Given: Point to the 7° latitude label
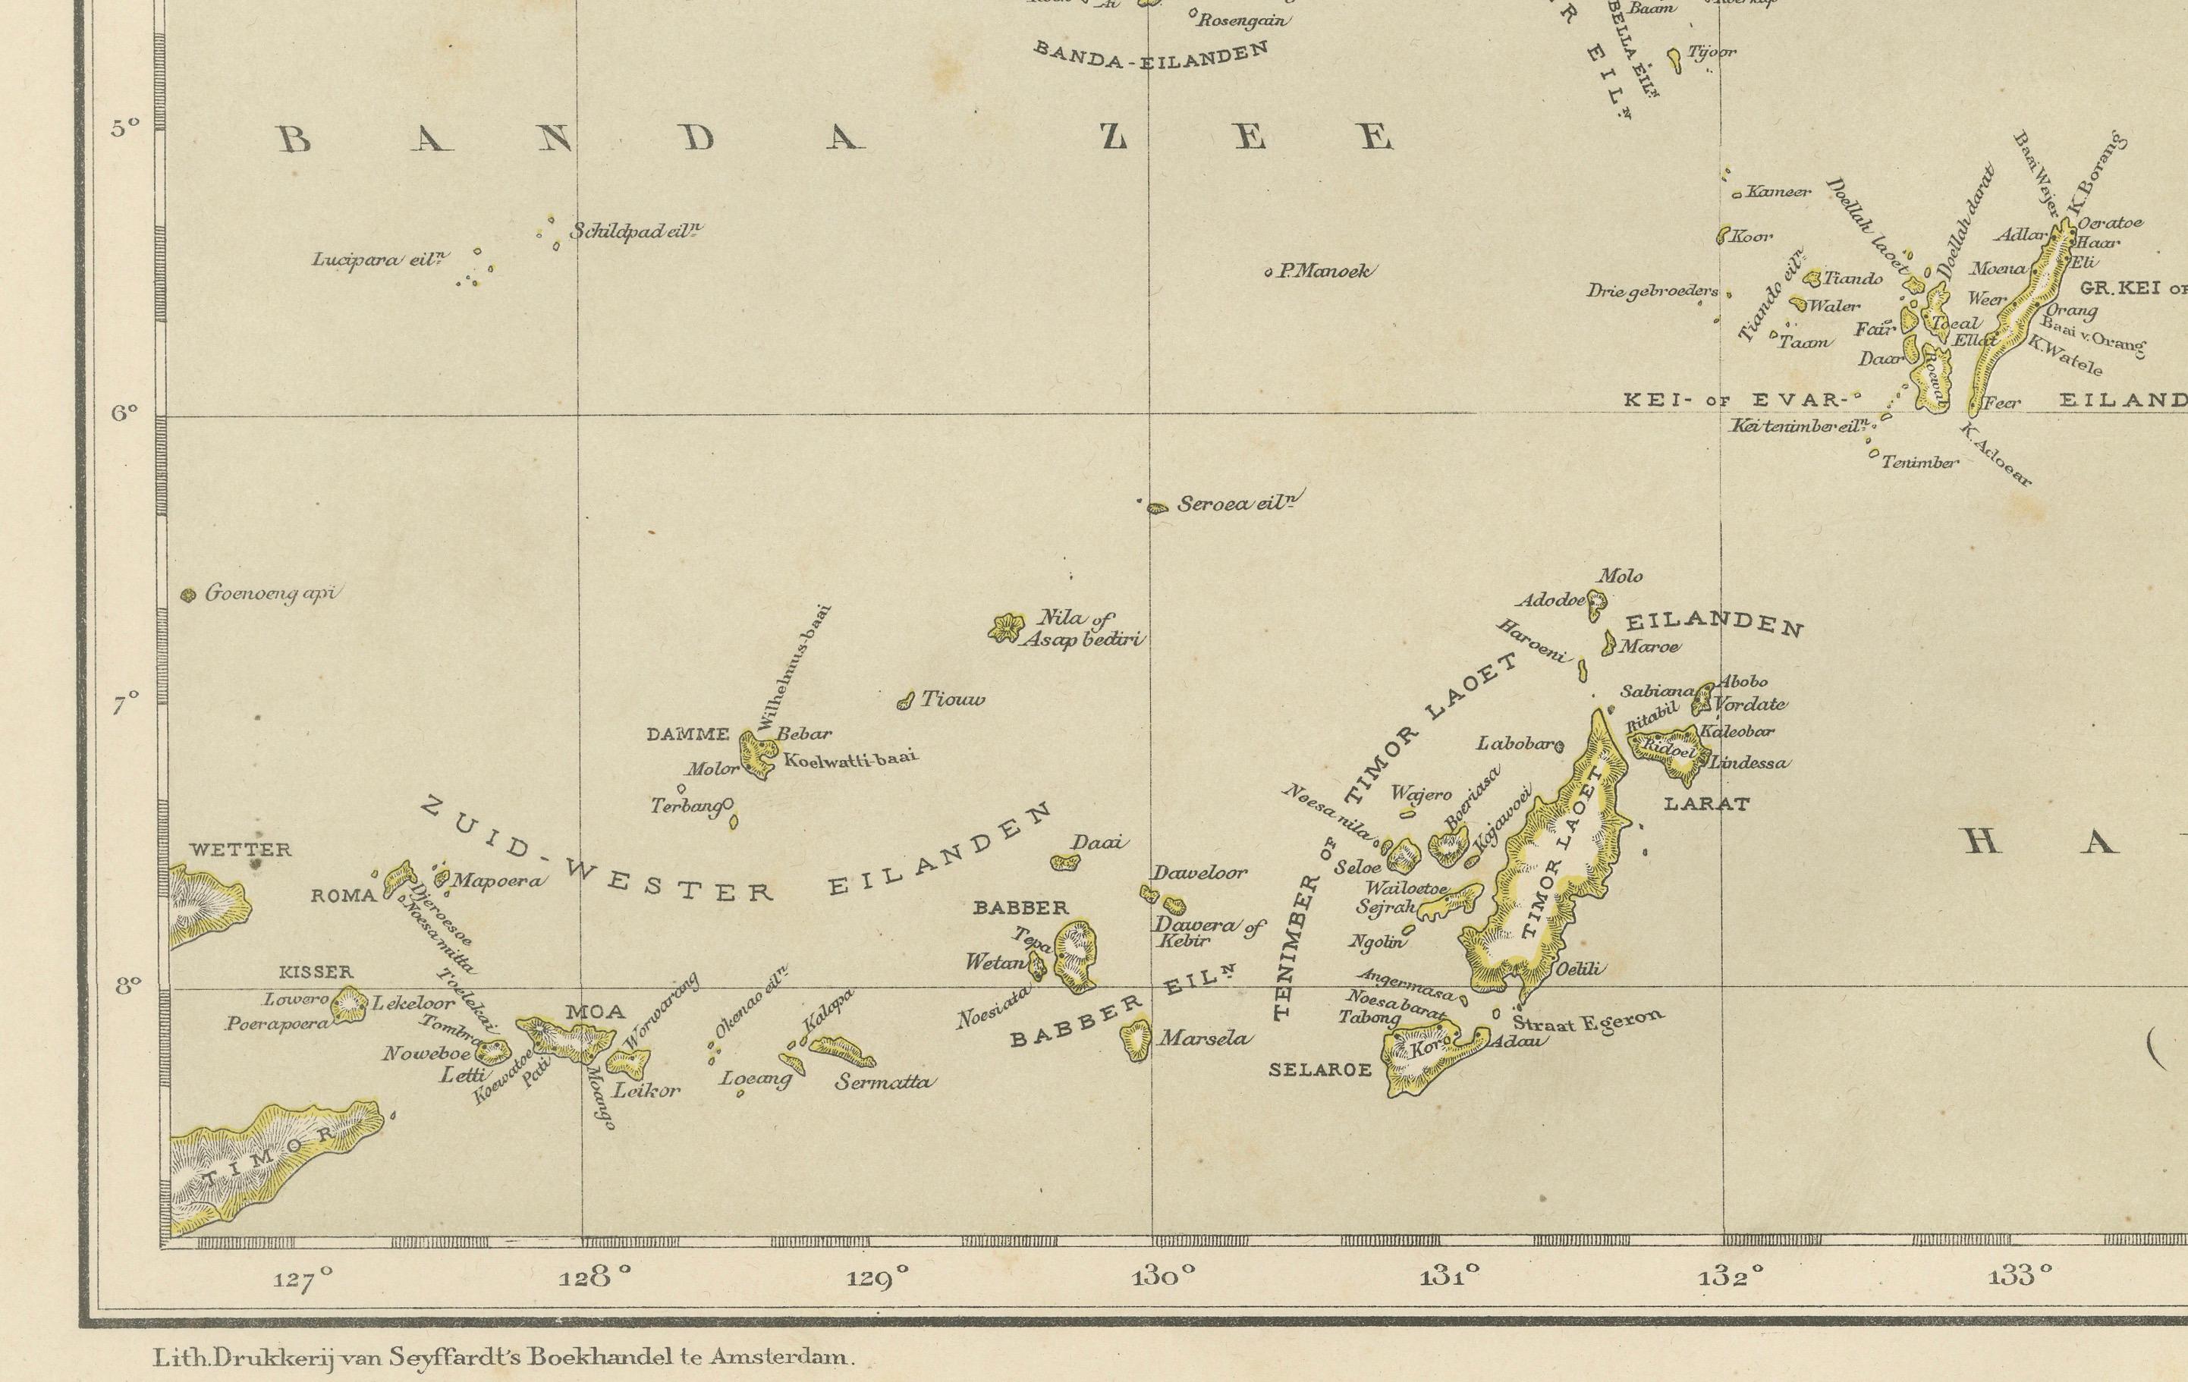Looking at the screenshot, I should pyautogui.click(x=125, y=702).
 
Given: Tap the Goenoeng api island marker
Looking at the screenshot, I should pyautogui.click(x=189, y=596).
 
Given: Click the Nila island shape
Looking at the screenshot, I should pyautogui.click(x=1005, y=627).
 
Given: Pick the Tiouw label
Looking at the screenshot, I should pyautogui.click(x=952, y=699).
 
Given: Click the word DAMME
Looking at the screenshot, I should pyautogui.click(x=687, y=734).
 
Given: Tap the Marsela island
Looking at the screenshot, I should pyautogui.click(x=1136, y=1038).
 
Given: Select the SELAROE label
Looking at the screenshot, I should pyautogui.click(x=1319, y=1070).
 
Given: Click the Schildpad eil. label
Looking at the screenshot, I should pyautogui.click(x=636, y=231).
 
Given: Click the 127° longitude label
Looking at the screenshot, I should pyautogui.click(x=303, y=1280).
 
